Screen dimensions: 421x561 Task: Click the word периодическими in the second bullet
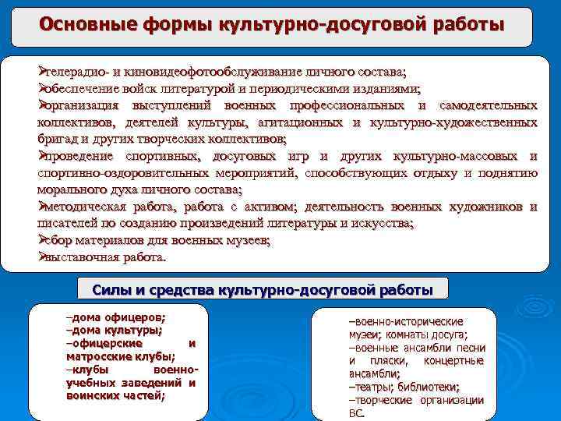pos(330,89)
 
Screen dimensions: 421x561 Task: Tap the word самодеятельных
pos(488,105)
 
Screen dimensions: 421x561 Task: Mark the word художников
pos(486,207)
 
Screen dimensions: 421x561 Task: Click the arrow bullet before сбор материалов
pos(44,240)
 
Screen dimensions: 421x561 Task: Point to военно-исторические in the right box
pos(406,321)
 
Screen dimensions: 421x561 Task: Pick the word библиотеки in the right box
pos(429,387)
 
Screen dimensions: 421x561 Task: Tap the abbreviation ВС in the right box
pos(355,413)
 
